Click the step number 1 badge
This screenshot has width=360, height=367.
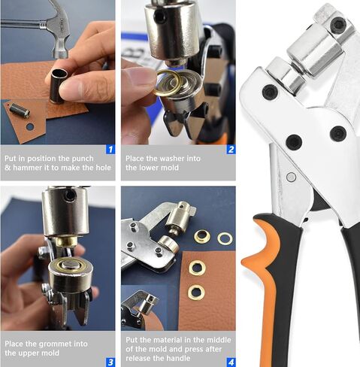tap(110, 150)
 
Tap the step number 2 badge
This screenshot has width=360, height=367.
tap(230, 150)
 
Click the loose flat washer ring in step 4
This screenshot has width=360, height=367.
tap(224, 238)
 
